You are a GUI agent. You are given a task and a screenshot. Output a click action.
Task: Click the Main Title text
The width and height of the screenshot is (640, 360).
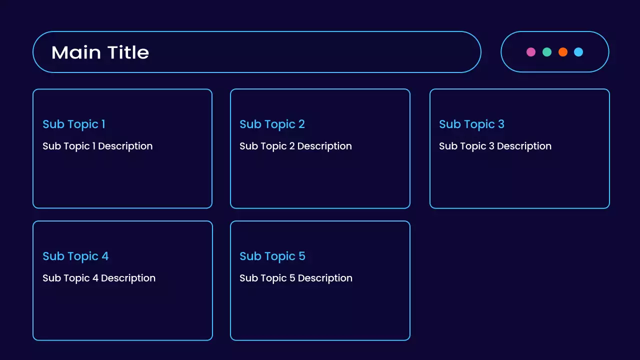pyautogui.click(x=100, y=52)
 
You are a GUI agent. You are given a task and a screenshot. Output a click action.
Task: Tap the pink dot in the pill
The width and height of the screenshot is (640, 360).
pyautogui.click(x=531, y=52)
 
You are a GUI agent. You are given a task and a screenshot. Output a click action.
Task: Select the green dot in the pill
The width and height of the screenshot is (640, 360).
pyautogui.click(x=547, y=52)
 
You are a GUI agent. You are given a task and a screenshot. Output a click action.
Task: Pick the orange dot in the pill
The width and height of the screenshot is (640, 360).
pyautogui.click(x=563, y=52)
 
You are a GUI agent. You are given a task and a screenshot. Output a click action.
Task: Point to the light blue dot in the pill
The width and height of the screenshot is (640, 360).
pyautogui.click(x=578, y=52)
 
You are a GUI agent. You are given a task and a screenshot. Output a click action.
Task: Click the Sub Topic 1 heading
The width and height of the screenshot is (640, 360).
pyautogui.click(x=74, y=124)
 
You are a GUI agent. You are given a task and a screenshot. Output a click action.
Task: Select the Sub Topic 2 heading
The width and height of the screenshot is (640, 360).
pyautogui.click(x=272, y=124)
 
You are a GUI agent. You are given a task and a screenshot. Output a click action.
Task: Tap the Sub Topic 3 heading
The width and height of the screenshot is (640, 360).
pyautogui.click(x=471, y=124)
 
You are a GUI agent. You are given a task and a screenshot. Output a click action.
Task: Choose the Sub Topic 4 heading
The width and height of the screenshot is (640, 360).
pyautogui.click(x=75, y=256)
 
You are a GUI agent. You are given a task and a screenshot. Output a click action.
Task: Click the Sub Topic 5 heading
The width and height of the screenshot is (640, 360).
pyautogui.click(x=272, y=256)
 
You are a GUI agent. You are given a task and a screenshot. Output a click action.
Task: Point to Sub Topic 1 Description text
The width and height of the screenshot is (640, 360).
pyautogui.click(x=97, y=146)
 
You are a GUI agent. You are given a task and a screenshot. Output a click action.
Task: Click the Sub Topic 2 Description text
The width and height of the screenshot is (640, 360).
pyautogui.click(x=295, y=146)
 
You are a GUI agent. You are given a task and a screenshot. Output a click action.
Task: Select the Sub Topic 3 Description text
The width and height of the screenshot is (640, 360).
pyautogui.click(x=495, y=146)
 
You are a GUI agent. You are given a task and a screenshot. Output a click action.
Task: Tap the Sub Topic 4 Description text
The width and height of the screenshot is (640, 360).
pyautogui.click(x=99, y=278)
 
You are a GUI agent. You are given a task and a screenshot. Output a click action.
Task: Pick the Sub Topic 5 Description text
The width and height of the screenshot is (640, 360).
pyautogui.click(x=296, y=278)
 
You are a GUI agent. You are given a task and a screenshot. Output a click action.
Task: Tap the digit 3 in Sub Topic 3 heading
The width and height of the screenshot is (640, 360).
pyautogui.click(x=501, y=124)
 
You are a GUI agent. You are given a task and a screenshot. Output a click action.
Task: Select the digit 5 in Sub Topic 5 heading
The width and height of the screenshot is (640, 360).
pyautogui.click(x=302, y=256)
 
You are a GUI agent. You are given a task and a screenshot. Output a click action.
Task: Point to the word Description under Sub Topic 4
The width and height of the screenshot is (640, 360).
pyautogui.click(x=128, y=278)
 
